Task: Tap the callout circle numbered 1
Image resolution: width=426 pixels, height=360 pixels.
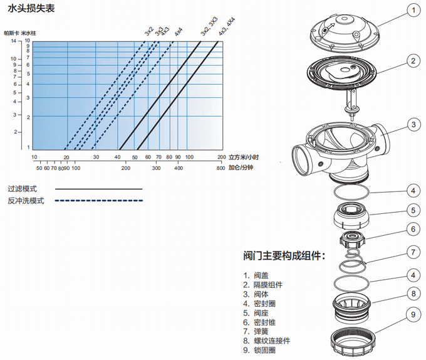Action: coord(412,10)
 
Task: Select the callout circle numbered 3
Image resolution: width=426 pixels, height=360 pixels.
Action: coord(412,125)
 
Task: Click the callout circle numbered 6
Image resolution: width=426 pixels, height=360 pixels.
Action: coord(412,230)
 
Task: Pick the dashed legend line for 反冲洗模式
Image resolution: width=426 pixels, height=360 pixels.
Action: coord(99,201)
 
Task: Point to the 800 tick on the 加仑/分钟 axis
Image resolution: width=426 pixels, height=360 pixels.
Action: coord(221,168)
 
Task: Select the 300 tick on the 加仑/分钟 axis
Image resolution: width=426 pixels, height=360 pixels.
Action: coord(157,168)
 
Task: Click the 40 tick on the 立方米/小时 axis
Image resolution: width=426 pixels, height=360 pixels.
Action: coord(117,157)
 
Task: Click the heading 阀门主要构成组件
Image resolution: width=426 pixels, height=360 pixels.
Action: coord(283,256)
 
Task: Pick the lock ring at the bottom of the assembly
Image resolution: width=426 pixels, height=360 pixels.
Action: coord(355,339)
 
